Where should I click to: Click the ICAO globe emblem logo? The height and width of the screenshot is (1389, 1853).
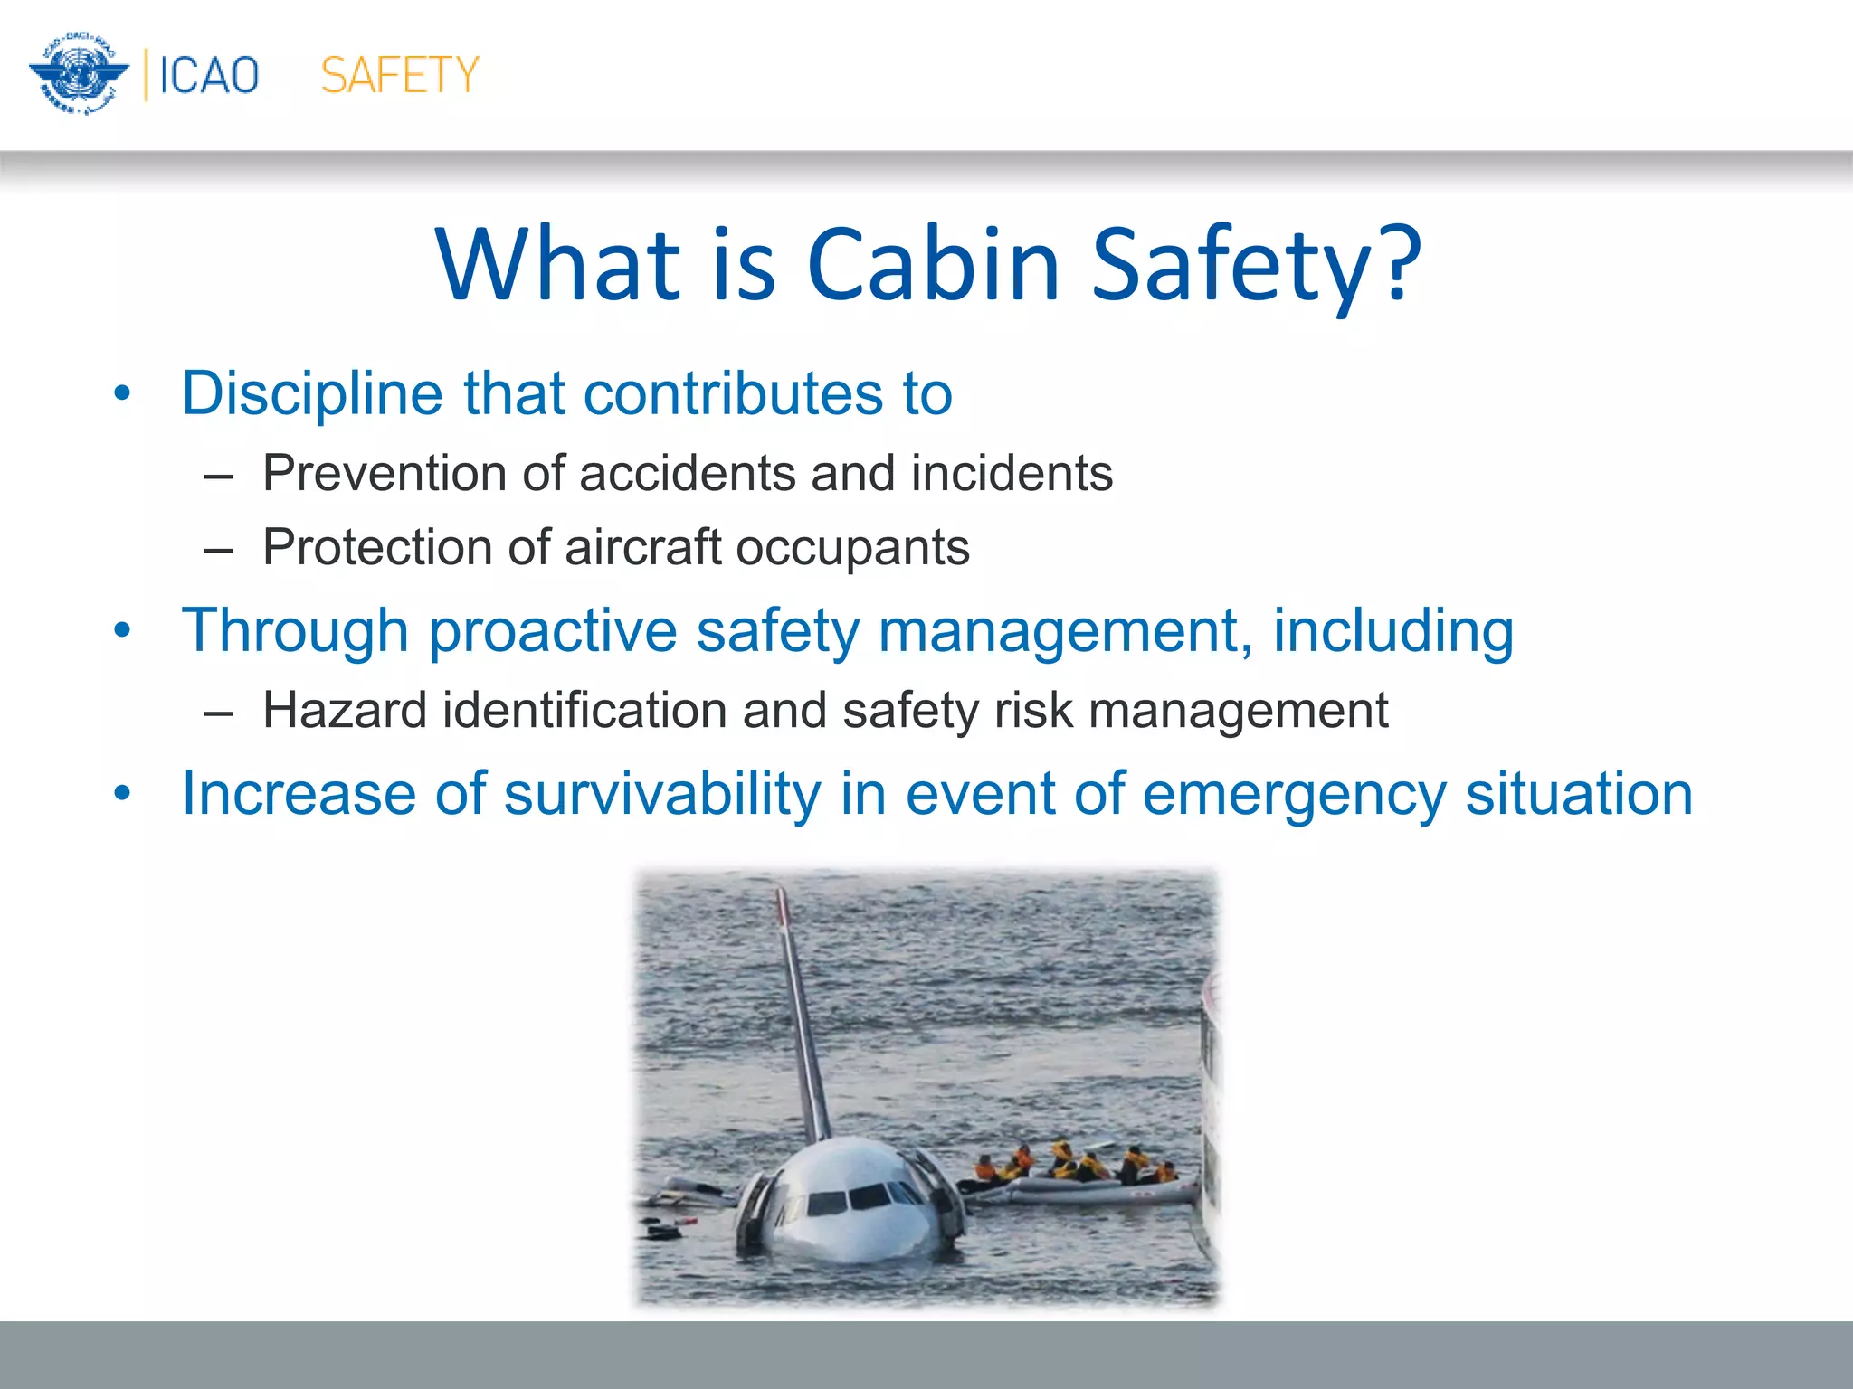pyautogui.click(x=78, y=74)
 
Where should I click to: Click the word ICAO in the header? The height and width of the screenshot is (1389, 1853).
pyautogui.click(x=209, y=75)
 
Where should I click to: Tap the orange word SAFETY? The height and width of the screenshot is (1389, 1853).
pyautogui.click(x=399, y=75)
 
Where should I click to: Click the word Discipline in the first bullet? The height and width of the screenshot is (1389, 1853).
pyautogui.click(x=312, y=394)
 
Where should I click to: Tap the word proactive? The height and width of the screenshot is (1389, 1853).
pyautogui.click(x=553, y=630)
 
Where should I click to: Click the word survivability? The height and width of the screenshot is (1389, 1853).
pyautogui.click(x=661, y=794)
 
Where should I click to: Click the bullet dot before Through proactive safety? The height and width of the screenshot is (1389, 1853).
pyautogui.click(x=123, y=630)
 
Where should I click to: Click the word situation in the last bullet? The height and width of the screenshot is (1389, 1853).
pyautogui.click(x=1579, y=794)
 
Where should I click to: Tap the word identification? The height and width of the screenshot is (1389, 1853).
pyautogui.click(x=584, y=711)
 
